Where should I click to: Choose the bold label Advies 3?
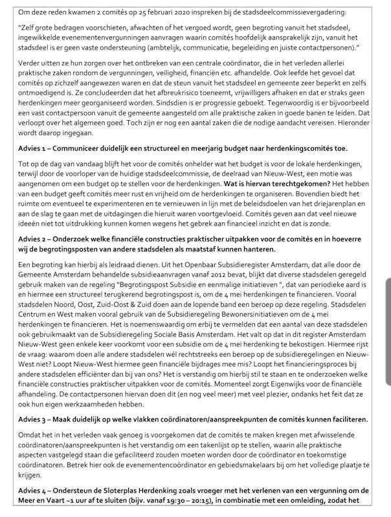click(34, 419)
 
